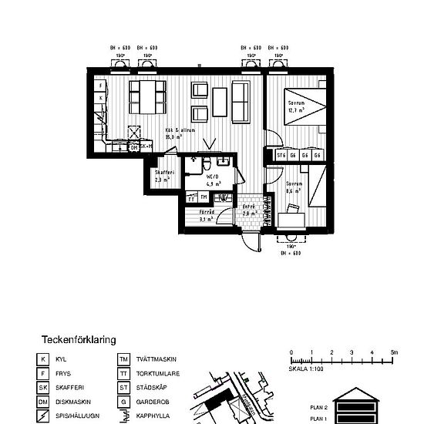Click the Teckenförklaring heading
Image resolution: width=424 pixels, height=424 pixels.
click(79, 338)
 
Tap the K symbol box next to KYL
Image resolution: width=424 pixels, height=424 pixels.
click(44, 359)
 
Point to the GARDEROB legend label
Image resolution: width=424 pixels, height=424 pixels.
click(148, 402)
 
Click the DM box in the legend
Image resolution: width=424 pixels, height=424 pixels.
click(44, 402)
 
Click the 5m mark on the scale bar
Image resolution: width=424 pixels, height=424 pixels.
click(393, 352)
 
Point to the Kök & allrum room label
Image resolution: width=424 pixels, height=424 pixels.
click(180, 133)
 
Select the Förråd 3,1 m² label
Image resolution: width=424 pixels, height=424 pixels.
click(206, 215)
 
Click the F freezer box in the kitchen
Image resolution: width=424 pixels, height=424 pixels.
click(101, 86)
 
